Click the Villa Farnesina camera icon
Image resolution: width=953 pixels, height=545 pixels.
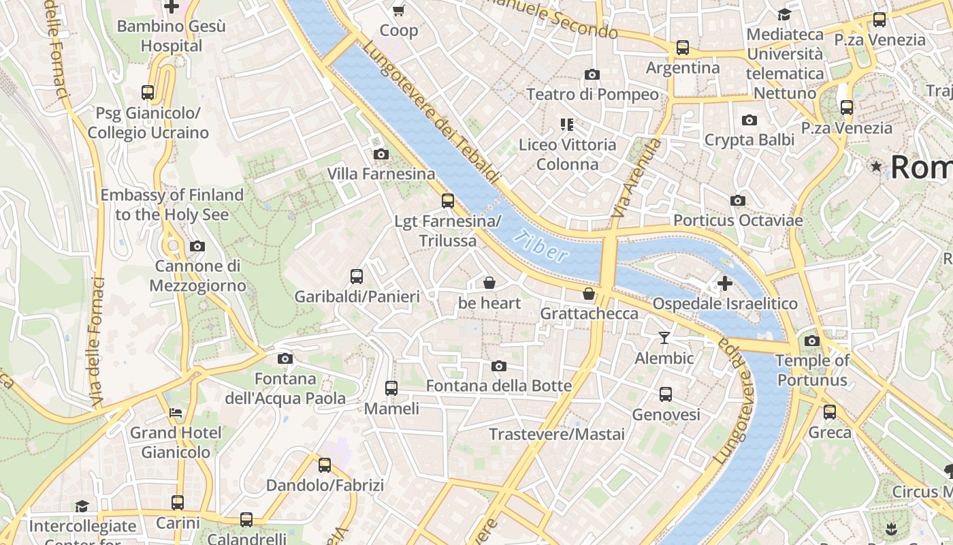pyautogui.click(x=381, y=155)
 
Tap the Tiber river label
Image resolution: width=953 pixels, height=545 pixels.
pyautogui.click(x=541, y=247)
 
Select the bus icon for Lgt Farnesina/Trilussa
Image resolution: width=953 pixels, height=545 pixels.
pyautogui.click(x=447, y=201)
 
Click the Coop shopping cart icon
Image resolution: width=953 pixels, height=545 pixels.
pyautogui.click(x=399, y=10)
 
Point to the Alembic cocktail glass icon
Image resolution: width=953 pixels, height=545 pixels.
pyautogui.click(x=664, y=338)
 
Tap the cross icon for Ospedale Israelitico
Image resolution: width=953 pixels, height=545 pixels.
pyautogui.click(x=725, y=283)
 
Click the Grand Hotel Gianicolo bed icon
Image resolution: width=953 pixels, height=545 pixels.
pyautogui.click(x=176, y=413)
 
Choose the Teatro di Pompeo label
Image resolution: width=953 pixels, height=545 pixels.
pyautogui.click(x=592, y=94)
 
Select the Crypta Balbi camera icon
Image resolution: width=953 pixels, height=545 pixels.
pyautogui.click(x=749, y=121)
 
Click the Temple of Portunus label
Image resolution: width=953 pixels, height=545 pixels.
pyautogui.click(x=812, y=371)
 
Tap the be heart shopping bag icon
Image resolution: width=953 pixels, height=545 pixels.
pyautogui.click(x=489, y=283)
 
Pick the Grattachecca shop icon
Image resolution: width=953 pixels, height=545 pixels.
pyautogui.click(x=589, y=294)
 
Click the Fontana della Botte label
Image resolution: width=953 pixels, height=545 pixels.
pyautogui.click(x=499, y=386)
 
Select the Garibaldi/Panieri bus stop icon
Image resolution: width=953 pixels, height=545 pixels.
pyautogui.click(x=357, y=277)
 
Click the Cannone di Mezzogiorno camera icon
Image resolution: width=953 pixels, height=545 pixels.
pyautogui.click(x=197, y=247)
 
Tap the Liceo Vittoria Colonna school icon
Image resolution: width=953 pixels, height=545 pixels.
pyautogui.click(x=566, y=125)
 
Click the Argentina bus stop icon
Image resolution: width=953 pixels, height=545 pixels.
pyautogui.click(x=682, y=48)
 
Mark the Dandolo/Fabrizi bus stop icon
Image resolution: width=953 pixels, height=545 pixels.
pyautogui.click(x=325, y=465)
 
